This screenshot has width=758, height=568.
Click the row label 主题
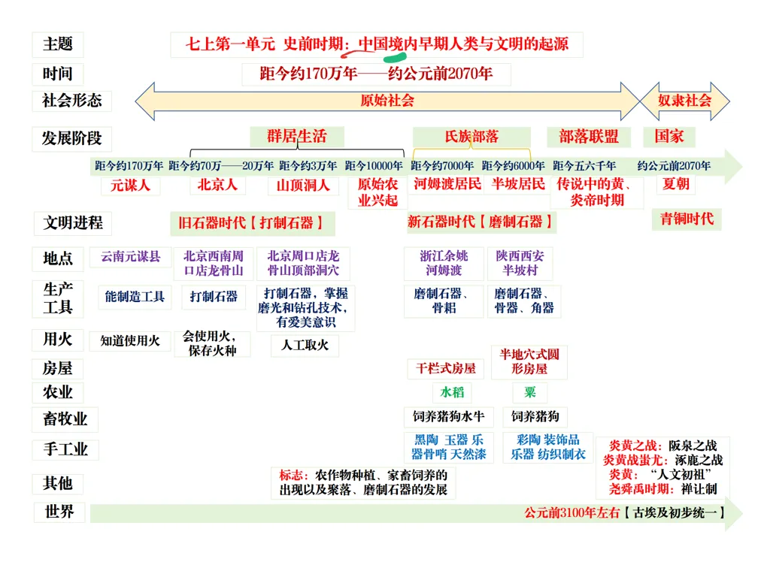pyautogui.click(x=58, y=44)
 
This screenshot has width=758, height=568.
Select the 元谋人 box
pyautogui.click(x=130, y=185)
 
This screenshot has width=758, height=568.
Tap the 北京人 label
pyautogui.click(x=218, y=185)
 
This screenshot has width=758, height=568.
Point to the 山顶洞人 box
pyautogui.click(x=303, y=185)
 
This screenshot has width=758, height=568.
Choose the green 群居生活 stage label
pyautogui.click(x=297, y=137)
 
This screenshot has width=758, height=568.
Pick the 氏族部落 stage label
pyautogui.click(x=471, y=137)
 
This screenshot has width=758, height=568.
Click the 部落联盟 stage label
pyautogui.click(x=589, y=137)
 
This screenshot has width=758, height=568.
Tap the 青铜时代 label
pyautogui.click(x=687, y=219)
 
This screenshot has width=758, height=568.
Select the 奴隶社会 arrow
pyautogui.click(x=684, y=101)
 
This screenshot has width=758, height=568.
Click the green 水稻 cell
pyautogui.click(x=453, y=392)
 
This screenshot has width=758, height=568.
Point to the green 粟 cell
pyautogui.click(x=530, y=392)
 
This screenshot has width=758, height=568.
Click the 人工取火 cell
pyautogui.click(x=305, y=346)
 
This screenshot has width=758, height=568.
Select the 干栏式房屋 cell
pyautogui.click(x=447, y=368)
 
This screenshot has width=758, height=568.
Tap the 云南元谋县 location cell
pyautogui.click(x=130, y=257)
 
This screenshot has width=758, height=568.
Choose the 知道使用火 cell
pyautogui.click(x=130, y=340)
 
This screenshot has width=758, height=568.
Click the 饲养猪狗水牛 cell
pyautogui.click(x=449, y=416)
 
